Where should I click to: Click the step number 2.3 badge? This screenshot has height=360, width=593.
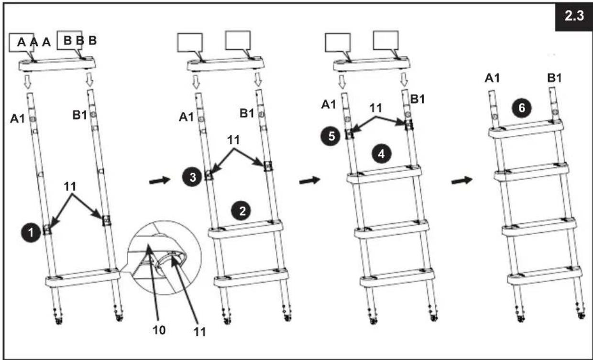574,16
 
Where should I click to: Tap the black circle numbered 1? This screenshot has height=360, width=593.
31,233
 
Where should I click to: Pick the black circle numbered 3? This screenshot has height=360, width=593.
192,177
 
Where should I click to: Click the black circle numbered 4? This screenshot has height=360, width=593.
381,154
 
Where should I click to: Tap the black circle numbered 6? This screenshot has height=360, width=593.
522,108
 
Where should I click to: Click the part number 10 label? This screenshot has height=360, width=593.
159,330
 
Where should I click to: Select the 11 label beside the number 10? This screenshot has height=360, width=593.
199,332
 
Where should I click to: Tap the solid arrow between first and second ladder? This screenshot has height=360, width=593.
160,181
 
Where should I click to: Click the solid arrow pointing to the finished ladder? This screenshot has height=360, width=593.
461,181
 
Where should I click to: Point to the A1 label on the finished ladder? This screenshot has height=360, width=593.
492,78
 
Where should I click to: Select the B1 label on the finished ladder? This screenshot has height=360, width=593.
554,78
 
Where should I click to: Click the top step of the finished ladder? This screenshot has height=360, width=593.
526,129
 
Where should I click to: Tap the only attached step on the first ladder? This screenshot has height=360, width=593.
83,277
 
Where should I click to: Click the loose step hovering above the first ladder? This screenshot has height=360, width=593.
57,64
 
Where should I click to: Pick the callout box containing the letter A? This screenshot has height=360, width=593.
22,42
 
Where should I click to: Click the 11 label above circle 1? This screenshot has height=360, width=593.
70,186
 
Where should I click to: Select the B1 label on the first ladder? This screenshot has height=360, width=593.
80,115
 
